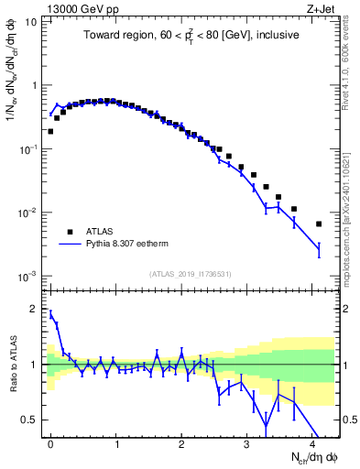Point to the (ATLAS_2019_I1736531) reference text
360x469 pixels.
click(191, 274)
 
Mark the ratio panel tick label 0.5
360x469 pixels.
click(31, 420)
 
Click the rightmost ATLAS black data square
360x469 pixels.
click(319, 224)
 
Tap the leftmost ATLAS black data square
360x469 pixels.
click(50, 131)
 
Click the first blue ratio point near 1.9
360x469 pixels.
click(50, 314)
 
